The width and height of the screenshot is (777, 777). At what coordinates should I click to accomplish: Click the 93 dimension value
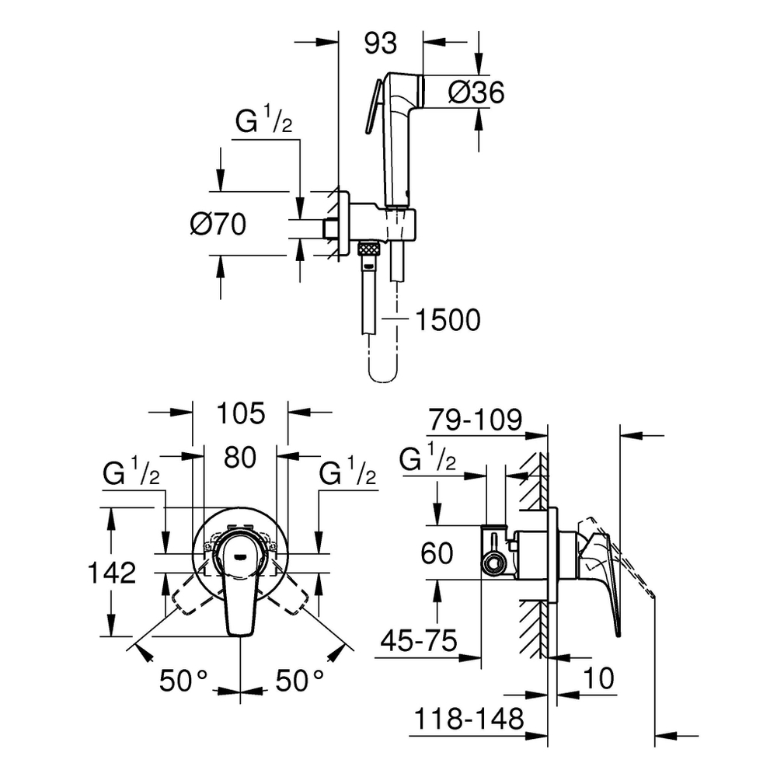click(381, 44)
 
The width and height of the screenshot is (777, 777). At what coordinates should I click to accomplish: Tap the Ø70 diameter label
click(218, 225)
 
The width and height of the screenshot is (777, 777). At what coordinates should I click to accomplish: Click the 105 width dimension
click(240, 413)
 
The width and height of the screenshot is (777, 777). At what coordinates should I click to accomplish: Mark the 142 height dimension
click(110, 573)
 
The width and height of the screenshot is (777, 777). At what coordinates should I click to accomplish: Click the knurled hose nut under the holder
click(369, 249)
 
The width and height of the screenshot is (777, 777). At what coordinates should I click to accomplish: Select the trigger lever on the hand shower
click(372, 109)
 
